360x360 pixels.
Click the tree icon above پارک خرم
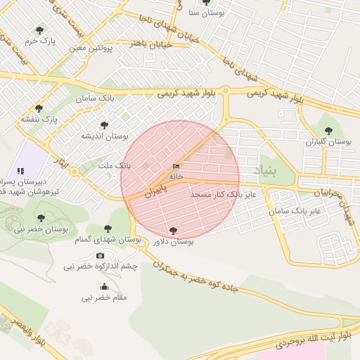[39, 30]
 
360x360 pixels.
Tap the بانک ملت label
[114, 165]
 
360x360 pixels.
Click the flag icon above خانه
[175, 167]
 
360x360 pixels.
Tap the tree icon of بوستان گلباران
[328, 130]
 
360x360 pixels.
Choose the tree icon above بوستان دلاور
[173, 230]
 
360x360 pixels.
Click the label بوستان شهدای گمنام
[108, 240]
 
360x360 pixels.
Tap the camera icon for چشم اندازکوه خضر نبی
[100, 255]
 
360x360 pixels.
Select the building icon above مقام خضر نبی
[104, 286]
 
